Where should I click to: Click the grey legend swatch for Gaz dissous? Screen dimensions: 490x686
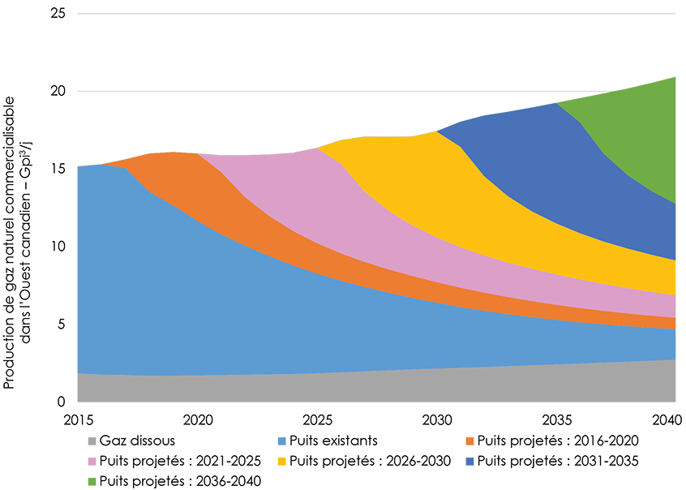click(92, 441)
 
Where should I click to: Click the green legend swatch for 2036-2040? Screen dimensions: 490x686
click(92, 480)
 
